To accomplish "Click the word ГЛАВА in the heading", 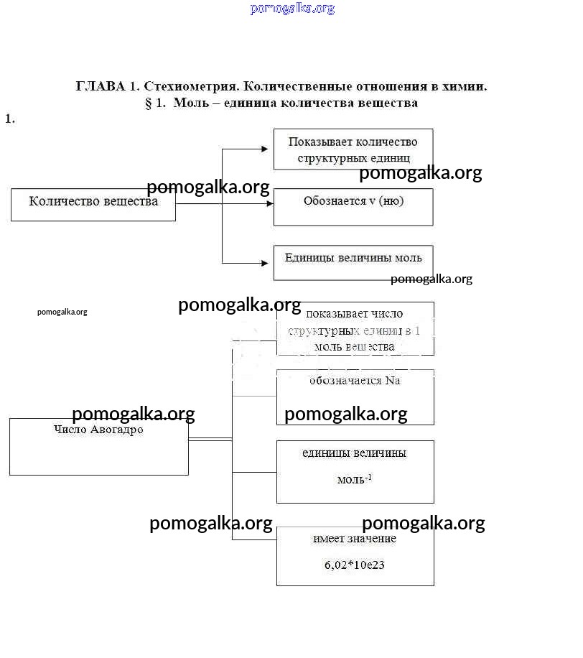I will pyautogui.click(x=100, y=86).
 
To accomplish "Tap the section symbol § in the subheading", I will pyautogui.click(x=149, y=103).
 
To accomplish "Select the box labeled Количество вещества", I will pyautogui.click(x=93, y=204).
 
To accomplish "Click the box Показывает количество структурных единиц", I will pyautogui.click(x=353, y=149).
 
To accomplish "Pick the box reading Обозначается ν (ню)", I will pyautogui.click(x=353, y=206).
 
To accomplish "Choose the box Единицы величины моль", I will pyautogui.click(x=353, y=262).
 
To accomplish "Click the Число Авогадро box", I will pyautogui.click(x=98, y=445).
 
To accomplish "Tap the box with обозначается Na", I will pyautogui.click(x=355, y=397).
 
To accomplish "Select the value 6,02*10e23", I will pyautogui.click(x=355, y=565).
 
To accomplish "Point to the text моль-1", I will pyautogui.click(x=355, y=479).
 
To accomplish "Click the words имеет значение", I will pyautogui.click(x=355, y=539).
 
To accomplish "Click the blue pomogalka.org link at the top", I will pyautogui.click(x=292, y=9).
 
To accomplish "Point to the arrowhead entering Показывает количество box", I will pyautogui.click(x=269, y=149).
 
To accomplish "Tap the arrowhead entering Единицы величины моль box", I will pyautogui.click(x=269, y=263).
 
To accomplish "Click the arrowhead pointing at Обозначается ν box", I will pyautogui.click(x=269, y=204).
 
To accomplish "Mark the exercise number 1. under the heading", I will pyautogui.click(x=10, y=119).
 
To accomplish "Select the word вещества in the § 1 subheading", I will pyautogui.click(x=391, y=103).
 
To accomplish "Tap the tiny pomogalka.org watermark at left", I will pyautogui.click(x=62, y=312).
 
